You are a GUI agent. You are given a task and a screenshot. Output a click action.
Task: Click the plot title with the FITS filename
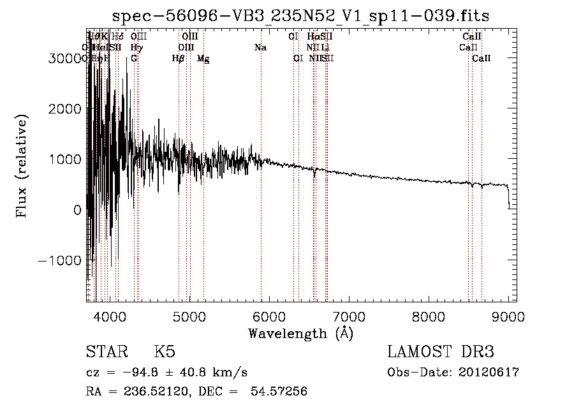click(x=301, y=16)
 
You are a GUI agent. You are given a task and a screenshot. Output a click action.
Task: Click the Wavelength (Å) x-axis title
click(x=300, y=333)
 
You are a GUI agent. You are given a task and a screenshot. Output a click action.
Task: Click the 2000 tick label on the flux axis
click(x=66, y=108)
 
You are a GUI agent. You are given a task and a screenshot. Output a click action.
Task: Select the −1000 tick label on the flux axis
click(x=61, y=260)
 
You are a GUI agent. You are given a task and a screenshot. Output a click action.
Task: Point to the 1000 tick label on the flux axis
click(x=66, y=159)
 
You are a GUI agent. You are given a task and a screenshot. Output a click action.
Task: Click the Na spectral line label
click(x=260, y=47)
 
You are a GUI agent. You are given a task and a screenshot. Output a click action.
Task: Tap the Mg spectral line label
click(x=203, y=59)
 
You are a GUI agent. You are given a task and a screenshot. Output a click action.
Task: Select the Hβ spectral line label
click(x=179, y=59)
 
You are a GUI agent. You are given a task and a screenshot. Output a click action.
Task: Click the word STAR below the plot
click(x=105, y=352)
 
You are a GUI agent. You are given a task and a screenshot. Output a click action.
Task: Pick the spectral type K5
click(x=165, y=352)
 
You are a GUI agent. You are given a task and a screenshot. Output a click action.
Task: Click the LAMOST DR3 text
click(x=441, y=352)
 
